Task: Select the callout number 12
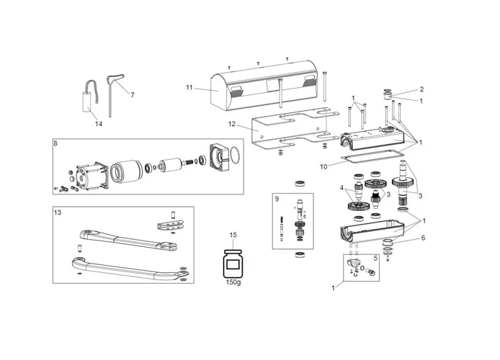pos(232,125)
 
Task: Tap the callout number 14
pos(99,124)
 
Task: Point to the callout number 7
pos(132,94)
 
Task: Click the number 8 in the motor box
pos(55,143)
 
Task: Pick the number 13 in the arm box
pos(58,212)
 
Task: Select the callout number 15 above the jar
pos(233,235)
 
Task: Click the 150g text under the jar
pos(233,282)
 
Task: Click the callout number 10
pos(323,166)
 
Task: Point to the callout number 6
pos(423,238)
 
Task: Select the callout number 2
pos(421,89)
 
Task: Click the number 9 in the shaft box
pos(276,197)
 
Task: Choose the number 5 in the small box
pos(375,258)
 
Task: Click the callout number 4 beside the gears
pos(342,188)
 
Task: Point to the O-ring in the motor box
pos(233,154)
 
